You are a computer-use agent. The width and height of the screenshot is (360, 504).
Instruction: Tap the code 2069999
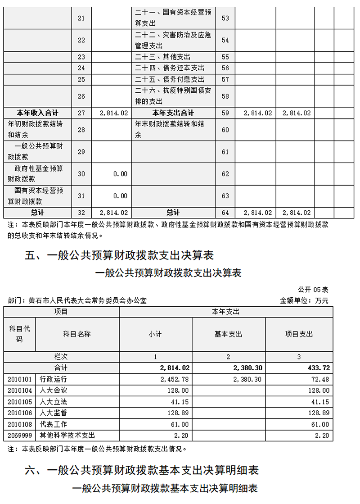[19, 436]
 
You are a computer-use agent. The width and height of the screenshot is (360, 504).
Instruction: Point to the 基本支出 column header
[228, 334]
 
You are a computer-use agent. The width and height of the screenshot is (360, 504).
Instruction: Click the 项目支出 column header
[299, 334]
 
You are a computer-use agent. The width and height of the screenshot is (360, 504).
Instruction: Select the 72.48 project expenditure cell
[320, 379]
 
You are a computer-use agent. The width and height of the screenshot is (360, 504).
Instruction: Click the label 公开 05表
[313, 289]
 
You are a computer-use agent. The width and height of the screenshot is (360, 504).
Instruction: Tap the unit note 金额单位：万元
[304, 300]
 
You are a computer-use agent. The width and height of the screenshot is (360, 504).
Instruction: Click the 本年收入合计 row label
[38, 113]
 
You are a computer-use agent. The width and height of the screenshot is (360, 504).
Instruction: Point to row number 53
[225, 18]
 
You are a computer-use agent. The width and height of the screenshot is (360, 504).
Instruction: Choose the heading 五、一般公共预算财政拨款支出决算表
[119, 256]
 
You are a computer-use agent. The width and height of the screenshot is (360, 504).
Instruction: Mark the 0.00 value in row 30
[120, 174]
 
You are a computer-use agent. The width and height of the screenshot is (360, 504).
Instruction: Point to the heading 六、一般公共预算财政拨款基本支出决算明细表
[142, 471]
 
